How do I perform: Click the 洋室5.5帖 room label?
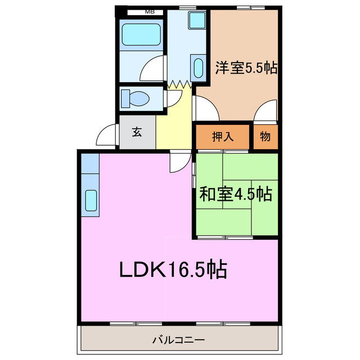(246, 68)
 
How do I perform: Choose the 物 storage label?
(265, 136)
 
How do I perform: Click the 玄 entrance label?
(137, 133)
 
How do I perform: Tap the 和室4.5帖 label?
(236, 195)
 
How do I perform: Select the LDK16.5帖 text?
(172, 270)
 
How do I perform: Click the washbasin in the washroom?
(198, 67)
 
